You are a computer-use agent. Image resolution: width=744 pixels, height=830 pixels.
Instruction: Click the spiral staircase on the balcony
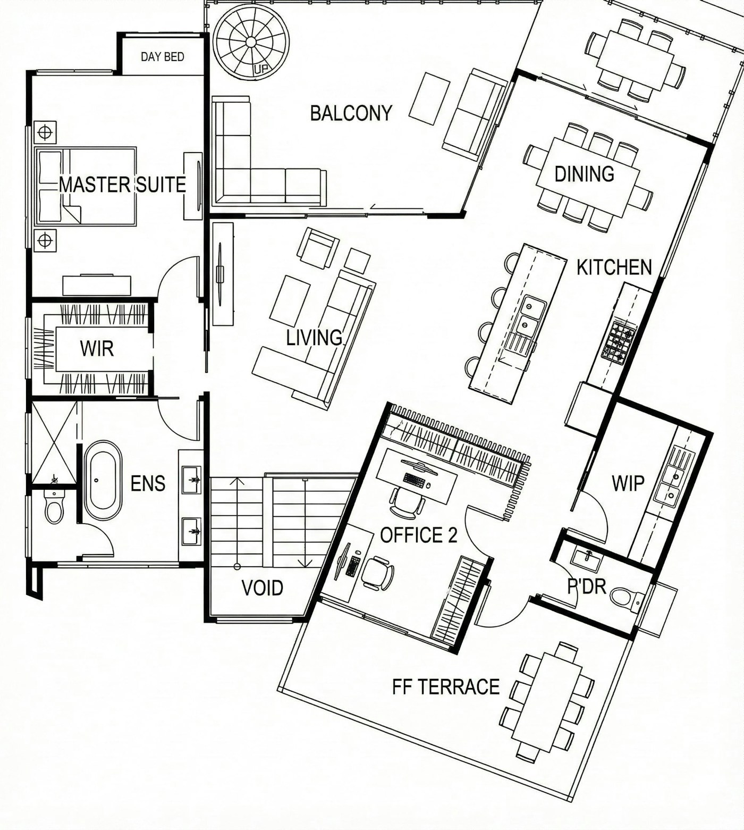[x=251, y=42]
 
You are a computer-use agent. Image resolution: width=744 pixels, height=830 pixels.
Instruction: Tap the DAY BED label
[x=163, y=56]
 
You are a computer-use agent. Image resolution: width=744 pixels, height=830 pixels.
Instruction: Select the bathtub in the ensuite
[x=103, y=480]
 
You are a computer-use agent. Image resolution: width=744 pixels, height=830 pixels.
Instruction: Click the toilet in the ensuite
[x=54, y=507]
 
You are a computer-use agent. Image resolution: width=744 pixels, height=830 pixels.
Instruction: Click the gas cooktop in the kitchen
[x=619, y=341]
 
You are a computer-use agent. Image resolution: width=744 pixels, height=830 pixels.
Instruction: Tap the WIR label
[x=97, y=349]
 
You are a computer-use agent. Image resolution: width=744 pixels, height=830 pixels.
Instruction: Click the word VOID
[x=262, y=588]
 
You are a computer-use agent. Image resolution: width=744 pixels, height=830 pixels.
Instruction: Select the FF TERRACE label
[x=446, y=686]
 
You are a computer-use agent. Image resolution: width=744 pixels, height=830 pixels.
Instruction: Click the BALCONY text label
[x=351, y=113]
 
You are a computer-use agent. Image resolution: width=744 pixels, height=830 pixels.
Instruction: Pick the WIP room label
[x=628, y=483]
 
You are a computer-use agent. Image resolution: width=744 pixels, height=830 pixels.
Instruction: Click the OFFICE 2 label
[x=419, y=535]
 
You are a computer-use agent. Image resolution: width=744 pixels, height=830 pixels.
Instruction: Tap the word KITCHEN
[x=614, y=267]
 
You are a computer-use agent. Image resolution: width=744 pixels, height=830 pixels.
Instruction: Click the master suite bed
[x=86, y=186]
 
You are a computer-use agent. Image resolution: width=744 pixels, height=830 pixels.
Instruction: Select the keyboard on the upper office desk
[x=415, y=480]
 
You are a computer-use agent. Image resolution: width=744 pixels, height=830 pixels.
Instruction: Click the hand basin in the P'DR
[x=587, y=558]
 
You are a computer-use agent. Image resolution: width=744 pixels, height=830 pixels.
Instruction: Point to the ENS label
[x=148, y=483]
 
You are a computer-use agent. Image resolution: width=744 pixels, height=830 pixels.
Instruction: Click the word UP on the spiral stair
[x=261, y=69]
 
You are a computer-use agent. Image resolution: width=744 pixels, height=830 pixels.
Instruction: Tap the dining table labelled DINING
[x=588, y=177]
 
